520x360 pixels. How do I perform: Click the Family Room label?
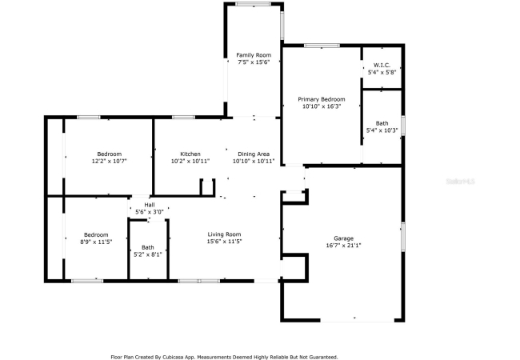[x=254, y=55]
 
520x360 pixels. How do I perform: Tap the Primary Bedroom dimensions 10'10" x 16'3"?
[x=322, y=106]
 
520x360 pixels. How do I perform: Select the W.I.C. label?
[x=382, y=65]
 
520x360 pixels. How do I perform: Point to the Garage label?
[x=343, y=238]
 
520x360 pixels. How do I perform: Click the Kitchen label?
[x=190, y=154]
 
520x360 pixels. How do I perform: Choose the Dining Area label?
[x=254, y=154]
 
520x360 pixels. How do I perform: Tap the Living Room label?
[x=224, y=234]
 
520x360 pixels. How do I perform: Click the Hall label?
[x=150, y=205]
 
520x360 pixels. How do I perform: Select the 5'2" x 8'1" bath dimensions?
[x=148, y=254]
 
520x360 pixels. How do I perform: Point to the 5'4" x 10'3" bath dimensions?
[x=382, y=130]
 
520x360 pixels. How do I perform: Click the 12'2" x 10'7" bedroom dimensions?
[x=110, y=161]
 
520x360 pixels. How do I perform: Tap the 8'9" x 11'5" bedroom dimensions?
[x=96, y=242]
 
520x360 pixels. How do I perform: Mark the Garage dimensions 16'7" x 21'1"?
[x=343, y=246]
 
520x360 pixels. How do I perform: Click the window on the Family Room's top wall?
[x=254, y=4]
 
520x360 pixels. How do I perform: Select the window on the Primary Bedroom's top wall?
[x=322, y=46]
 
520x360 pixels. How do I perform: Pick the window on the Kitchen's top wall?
[x=183, y=117]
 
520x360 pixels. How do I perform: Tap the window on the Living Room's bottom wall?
[x=198, y=281]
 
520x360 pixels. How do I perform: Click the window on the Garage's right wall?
[x=403, y=237]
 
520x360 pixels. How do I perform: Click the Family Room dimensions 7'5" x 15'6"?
[x=254, y=62]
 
